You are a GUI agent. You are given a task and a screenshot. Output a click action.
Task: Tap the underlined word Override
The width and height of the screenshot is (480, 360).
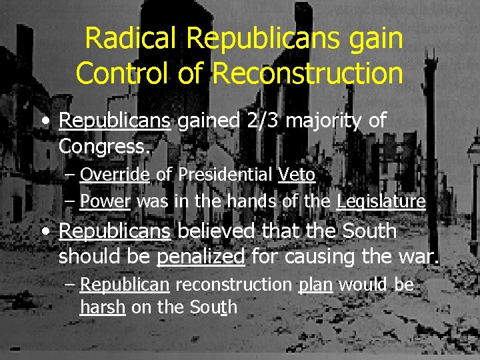coord(115,175)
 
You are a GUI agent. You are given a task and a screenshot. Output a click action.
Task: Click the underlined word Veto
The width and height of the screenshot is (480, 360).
coord(297,175)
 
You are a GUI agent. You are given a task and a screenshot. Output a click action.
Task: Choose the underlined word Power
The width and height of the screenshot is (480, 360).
coord(105,201)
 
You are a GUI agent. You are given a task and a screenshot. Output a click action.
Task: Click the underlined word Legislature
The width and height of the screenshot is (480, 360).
coord(381,201)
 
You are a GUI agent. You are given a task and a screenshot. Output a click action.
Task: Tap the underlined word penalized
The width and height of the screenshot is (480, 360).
coord(201,257)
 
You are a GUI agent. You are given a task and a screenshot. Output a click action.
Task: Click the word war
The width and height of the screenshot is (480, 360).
coord(421,257)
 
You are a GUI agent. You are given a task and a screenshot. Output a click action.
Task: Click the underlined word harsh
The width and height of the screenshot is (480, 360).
coord(103,307)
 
